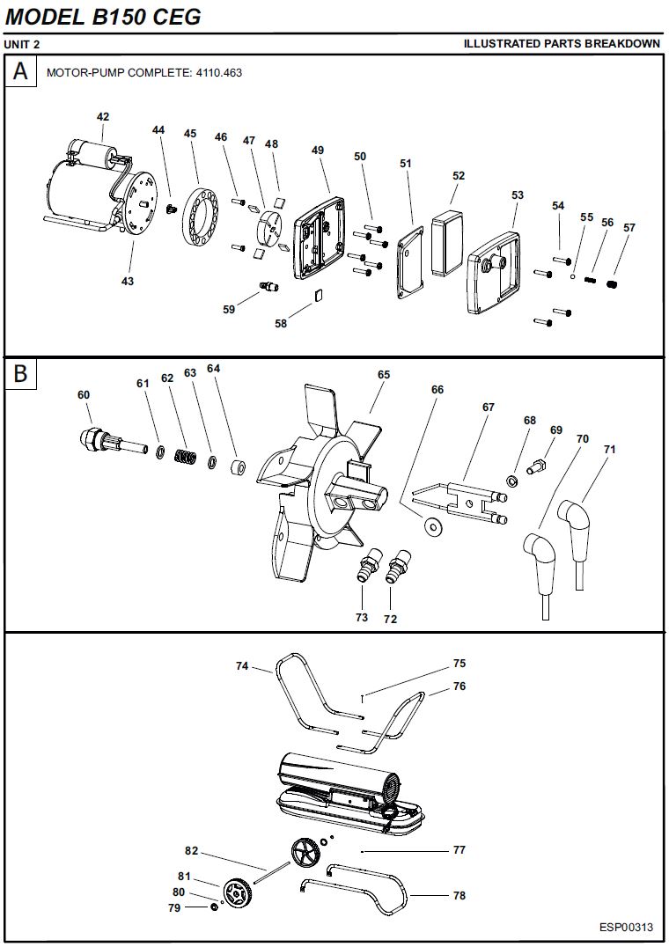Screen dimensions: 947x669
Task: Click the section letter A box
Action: click(21, 71)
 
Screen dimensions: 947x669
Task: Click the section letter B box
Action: click(21, 373)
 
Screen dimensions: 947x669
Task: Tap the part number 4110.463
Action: click(217, 73)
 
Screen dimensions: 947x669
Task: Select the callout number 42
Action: click(103, 116)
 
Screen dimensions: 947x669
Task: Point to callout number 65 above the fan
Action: click(383, 374)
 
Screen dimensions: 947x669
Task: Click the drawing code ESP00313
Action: click(626, 927)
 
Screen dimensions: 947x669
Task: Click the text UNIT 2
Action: click(22, 44)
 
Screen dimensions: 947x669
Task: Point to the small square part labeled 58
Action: click(318, 296)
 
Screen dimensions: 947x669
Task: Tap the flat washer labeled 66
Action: click(432, 527)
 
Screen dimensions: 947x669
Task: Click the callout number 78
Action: click(459, 896)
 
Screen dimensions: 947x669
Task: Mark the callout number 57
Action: click(629, 227)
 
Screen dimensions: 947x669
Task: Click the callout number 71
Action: click(609, 449)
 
